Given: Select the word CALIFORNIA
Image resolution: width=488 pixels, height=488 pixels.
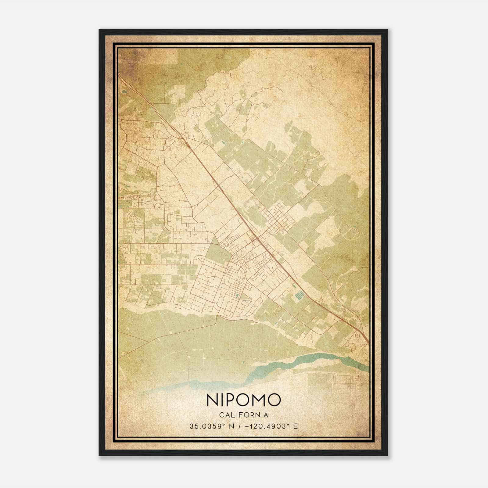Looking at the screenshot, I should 243,415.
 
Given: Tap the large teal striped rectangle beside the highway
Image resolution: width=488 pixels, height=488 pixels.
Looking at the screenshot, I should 298,296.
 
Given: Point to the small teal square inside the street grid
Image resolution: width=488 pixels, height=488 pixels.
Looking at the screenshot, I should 237,295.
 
